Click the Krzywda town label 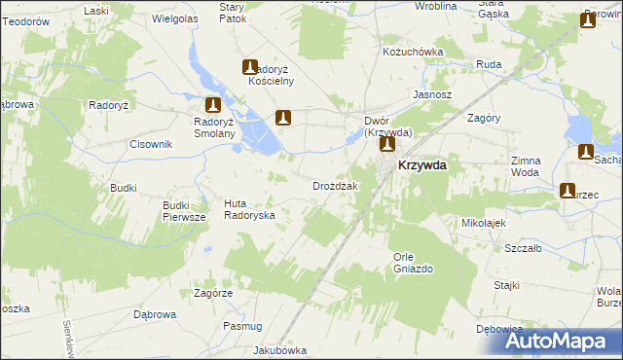coord(422,165)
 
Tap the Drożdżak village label coord(336,186)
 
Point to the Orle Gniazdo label coord(413,262)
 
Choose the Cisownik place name coord(151,144)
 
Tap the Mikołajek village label coord(486,222)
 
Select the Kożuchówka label coord(413,52)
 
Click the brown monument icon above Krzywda coord(387,145)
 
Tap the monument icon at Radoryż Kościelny coord(250,67)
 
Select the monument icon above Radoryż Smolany coord(213,104)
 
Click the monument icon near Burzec coord(569,191)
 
